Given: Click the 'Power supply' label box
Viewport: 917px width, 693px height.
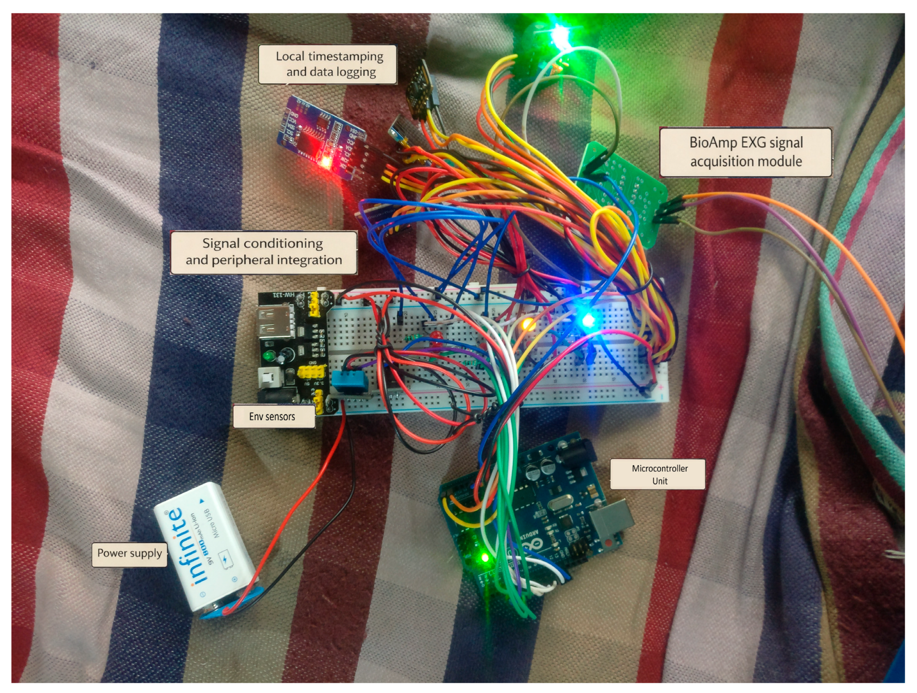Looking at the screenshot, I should pos(129,554).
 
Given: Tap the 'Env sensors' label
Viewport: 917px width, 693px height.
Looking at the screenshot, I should pos(272,416).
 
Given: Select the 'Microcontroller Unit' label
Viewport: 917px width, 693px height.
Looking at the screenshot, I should pos(659,474).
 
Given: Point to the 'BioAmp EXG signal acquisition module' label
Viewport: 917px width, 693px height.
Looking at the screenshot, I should pos(745,152).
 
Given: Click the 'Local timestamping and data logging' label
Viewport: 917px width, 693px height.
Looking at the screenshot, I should pos(329,64).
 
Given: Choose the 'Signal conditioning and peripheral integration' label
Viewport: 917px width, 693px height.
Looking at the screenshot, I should pos(264,252).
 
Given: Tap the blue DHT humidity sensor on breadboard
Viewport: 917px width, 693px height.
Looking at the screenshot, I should pos(352,382).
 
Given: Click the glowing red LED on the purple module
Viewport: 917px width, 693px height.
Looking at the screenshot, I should pos(326,161).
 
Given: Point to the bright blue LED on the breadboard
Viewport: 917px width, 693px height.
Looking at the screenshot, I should pos(588,319).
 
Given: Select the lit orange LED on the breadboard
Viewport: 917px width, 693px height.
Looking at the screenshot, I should pos(528,324).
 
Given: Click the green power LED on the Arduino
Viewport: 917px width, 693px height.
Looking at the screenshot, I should pos(485,557).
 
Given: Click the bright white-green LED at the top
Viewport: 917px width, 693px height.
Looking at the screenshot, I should pos(560,34).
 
